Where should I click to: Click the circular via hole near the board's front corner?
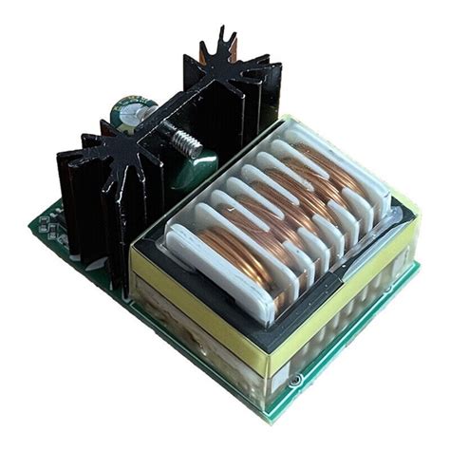click(294, 379)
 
